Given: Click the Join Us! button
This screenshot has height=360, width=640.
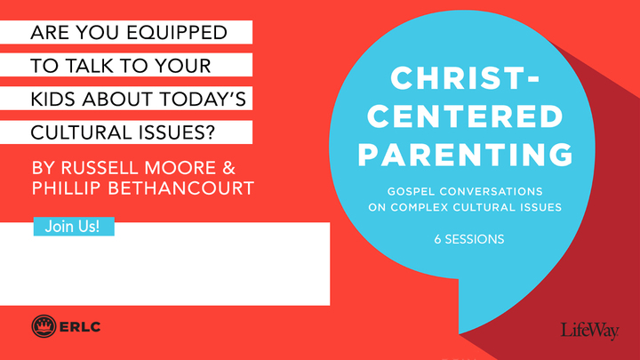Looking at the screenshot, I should [x=73, y=227].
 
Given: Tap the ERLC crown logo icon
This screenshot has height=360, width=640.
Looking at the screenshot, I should [x=44, y=325].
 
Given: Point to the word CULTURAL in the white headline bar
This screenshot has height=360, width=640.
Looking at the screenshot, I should [x=81, y=132].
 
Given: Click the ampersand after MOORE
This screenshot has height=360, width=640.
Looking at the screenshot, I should [x=231, y=165].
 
